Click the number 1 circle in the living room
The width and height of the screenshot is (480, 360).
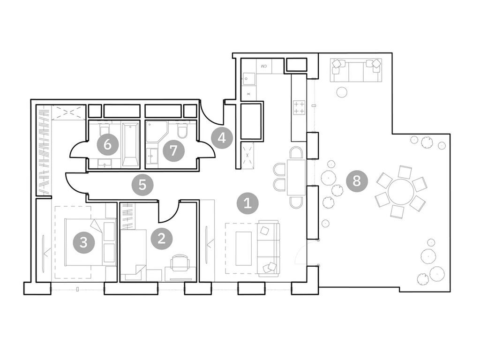click(x=248, y=203)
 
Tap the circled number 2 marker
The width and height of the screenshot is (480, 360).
click(x=162, y=239)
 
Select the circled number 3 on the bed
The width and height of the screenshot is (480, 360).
click(x=83, y=242)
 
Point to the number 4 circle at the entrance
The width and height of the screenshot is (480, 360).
click(x=222, y=138)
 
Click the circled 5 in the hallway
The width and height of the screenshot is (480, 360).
click(x=142, y=185)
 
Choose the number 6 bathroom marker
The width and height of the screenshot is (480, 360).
click(x=107, y=145)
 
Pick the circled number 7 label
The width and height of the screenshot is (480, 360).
click(x=173, y=150)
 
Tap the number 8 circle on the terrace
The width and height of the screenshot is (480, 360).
click(x=357, y=180)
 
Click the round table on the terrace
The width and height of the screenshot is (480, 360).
click(x=401, y=192)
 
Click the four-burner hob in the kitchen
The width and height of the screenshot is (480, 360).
click(x=299, y=107)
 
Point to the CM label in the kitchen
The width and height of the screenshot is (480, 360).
click(x=263, y=67)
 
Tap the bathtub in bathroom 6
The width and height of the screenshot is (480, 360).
click(x=130, y=144)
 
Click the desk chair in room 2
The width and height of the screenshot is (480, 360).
click(x=180, y=263)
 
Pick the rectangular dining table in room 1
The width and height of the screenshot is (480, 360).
click(x=296, y=177)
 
